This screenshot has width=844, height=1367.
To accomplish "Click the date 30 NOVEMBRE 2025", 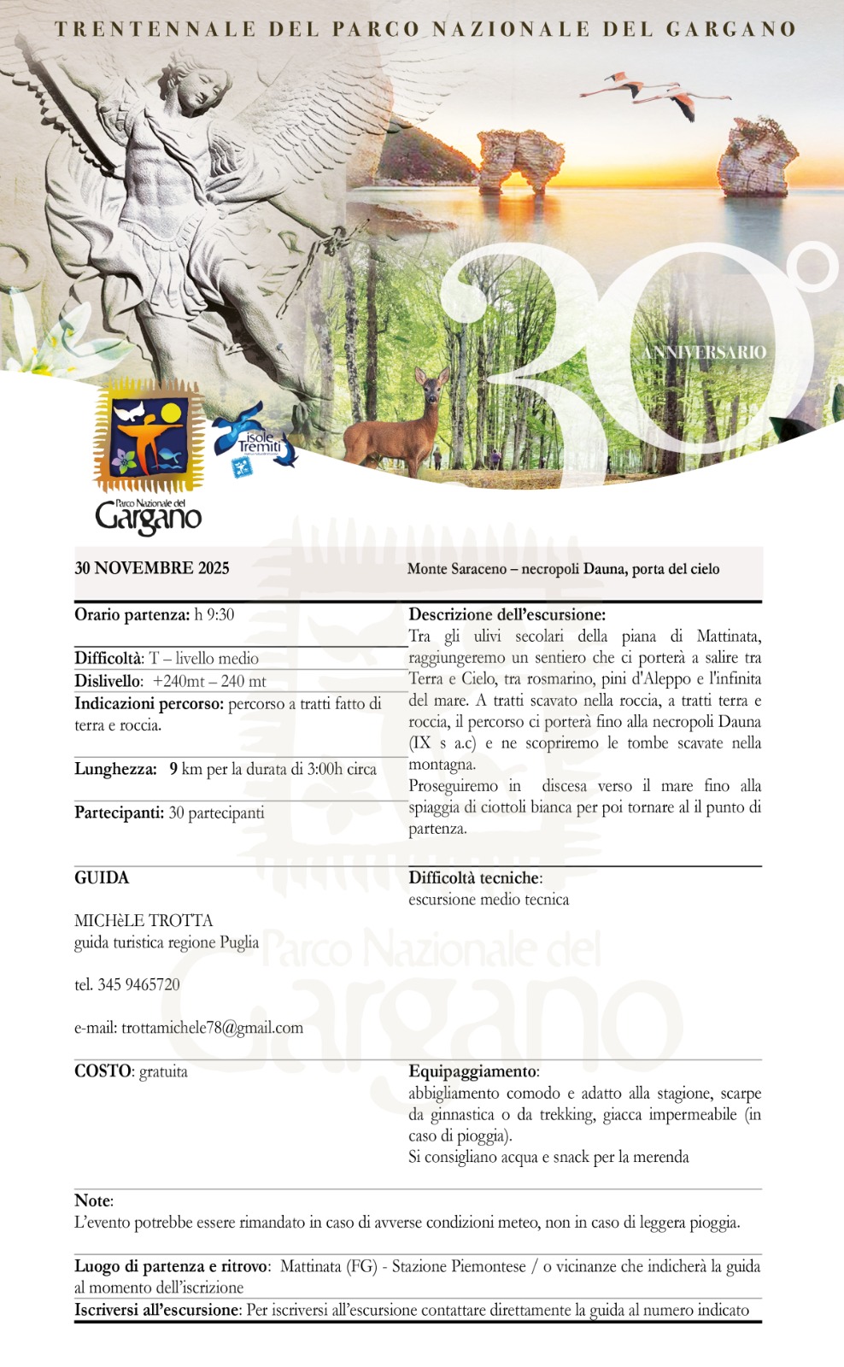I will (152, 568).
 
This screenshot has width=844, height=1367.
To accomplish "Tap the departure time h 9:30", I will (214, 614).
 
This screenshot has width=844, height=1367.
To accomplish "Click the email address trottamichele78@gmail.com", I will (212, 1028).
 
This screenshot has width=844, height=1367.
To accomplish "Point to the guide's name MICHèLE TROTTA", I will (144, 920).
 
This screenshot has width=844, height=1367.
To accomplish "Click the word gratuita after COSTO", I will (163, 1071).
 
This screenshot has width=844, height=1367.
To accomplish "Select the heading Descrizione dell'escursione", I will (507, 614).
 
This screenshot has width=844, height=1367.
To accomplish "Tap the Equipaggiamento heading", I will (473, 1071).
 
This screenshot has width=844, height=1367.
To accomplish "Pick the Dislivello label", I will (108, 681).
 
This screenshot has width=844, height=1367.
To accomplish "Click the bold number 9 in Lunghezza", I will (173, 769).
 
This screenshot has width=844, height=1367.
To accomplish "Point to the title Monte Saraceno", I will (457, 569).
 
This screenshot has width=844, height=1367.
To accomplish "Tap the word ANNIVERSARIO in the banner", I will (704, 353).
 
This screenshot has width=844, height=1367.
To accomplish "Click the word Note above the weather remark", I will (92, 1200).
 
